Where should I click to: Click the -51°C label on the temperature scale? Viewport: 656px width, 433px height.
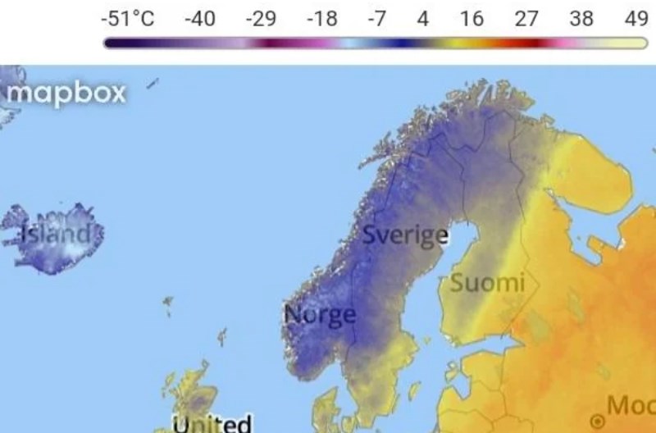click(131, 19)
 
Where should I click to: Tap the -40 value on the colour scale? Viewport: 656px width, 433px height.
click(199, 19)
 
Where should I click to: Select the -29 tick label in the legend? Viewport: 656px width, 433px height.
click(261, 19)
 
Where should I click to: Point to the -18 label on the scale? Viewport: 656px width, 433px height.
click(321, 19)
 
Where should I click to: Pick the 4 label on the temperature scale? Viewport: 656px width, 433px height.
click(423, 19)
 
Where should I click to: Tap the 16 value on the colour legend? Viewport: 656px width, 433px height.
click(471, 19)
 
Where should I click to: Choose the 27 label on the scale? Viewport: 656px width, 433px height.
click(526, 19)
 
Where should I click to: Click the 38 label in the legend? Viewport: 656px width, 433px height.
click(581, 19)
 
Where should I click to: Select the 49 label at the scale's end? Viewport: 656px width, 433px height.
click(635, 19)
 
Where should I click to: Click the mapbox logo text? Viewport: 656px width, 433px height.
click(66, 93)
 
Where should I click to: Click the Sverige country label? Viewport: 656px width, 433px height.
click(405, 235)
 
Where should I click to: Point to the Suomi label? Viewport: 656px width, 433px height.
click(487, 284)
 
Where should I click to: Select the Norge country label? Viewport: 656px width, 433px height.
click(320, 314)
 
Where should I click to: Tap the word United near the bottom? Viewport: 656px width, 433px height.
click(212, 424)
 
